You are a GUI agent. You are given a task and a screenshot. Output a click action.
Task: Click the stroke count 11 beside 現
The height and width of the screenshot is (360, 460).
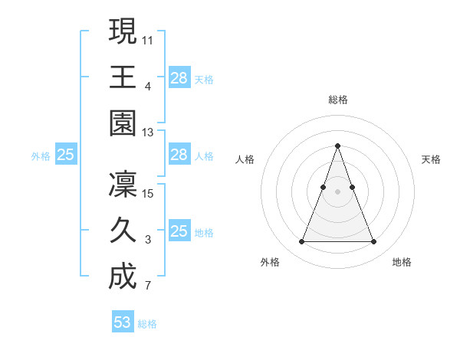pyautogui.click(x=148, y=39)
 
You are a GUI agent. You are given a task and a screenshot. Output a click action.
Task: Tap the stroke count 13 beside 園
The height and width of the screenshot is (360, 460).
pyautogui.click(x=148, y=133)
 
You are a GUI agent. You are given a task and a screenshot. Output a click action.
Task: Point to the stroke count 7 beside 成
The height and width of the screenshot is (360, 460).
pyautogui.click(x=147, y=287)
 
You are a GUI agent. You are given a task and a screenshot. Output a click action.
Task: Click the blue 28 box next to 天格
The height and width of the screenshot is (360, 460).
pyautogui.click(x=179, y=77)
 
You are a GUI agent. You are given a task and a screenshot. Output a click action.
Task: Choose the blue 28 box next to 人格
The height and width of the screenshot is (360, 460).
pyautogui.click(x=179, y=155)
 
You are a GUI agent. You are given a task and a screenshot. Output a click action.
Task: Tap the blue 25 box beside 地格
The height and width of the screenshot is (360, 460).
pyautogui.click(x=179, y=231)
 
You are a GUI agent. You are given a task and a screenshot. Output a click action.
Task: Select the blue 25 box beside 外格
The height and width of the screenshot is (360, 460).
pyautogui.click(x=65, y=155)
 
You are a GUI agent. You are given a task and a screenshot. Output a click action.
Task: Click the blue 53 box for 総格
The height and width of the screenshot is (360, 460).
pyautogui.click(x=123, y=322)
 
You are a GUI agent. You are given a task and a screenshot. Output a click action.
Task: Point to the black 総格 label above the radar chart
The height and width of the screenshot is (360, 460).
pyautogui.click(x=337, y=100)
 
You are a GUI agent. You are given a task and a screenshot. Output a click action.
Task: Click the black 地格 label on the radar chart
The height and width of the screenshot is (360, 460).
pyautogui.click(x=402, y=262)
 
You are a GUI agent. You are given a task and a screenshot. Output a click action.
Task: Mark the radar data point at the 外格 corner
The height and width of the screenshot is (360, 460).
pyautogui.click(x=301, y=242)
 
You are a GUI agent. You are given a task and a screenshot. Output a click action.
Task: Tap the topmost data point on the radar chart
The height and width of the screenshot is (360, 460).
pyautogui.click(x=337, y=146)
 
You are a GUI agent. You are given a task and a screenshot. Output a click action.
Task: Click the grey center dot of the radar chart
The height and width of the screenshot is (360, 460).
pyautogui.click(x=337, y=191)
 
